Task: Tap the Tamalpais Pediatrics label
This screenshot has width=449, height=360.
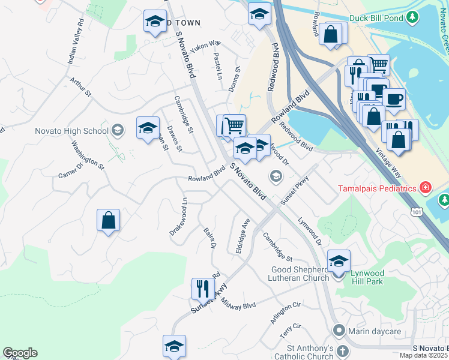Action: tap(376, 188)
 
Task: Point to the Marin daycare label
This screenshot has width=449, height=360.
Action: tap(369, 331)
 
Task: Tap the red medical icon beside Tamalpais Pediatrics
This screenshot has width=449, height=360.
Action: tap(425, 188)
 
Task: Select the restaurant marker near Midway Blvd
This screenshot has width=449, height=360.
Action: tap(203, 289)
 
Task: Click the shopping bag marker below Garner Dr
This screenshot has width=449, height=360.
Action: tap(108, 220)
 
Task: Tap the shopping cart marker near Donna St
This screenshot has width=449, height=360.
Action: tap(234, 125)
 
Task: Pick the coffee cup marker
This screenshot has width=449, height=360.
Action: tap(394, 99)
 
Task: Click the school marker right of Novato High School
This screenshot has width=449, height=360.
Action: tap(148, 127)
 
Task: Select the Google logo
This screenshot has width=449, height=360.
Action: tap(20, 353)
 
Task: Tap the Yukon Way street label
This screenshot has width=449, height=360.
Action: tap(206, 46)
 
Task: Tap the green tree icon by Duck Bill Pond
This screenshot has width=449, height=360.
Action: tap(412, 18)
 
